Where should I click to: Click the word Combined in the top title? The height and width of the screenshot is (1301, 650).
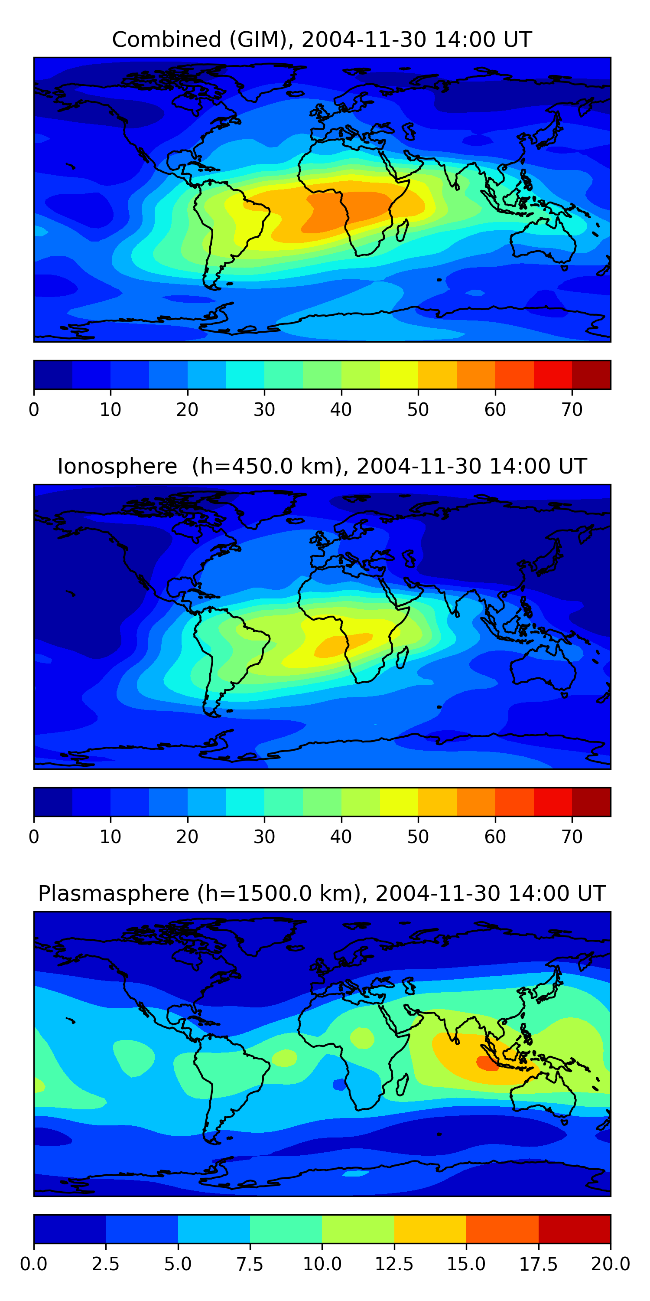pos(166,39)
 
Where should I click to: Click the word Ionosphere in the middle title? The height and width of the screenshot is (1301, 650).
pos(117,466)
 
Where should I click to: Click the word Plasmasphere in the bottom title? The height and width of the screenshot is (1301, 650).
pos(114,894)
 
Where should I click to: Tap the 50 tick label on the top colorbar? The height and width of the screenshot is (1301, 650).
pos(418,409)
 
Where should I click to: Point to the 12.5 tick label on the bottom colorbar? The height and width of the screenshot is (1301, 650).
pos(394,1264)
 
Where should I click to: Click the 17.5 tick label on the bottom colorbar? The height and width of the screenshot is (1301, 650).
pos(539,1264)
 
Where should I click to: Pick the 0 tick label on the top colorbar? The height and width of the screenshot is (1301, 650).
pos(34,409)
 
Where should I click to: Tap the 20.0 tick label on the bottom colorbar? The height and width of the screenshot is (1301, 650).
pos(611,1264)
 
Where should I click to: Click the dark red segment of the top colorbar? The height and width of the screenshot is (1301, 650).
pos(591,375)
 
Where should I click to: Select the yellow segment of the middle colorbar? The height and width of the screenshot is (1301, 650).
pos(399,802)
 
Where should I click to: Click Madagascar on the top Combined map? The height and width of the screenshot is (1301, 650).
pos(402,230)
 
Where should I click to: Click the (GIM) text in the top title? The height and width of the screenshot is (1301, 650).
pos(261,39)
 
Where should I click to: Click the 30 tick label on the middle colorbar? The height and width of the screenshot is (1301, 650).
pos(264,837)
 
